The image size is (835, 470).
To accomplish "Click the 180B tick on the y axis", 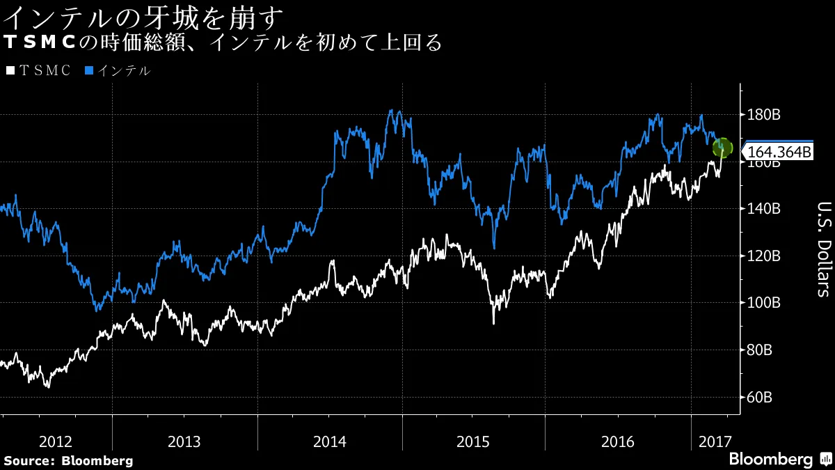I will [x=763, y=114].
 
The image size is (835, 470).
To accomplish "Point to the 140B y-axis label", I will [x=763, y=209].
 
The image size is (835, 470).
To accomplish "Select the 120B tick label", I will [x=763, y=256].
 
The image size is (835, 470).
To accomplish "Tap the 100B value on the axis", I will [x=763, y=303].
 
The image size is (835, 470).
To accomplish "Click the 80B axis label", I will [x=760, y=350].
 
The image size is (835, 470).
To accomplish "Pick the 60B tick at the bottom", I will [x=760, y=398].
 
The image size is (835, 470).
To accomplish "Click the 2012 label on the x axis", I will [x=56, y=441].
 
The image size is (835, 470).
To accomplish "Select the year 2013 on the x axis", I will [x=184, y=441].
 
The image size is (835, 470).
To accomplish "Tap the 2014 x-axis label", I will [x=330, y=441].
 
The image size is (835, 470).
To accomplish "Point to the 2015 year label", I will [x=473, y=441].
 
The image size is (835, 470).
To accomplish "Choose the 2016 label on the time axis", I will [x=617, y=441].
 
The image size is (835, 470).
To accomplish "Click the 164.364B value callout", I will [x=779, y=151].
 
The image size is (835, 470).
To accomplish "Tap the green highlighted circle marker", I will [x=722, y=147].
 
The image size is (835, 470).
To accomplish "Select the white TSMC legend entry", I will [x=38, y=70].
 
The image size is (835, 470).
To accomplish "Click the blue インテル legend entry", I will [x=118, y=70].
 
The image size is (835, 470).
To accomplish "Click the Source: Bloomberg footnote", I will [x=68, y=460].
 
